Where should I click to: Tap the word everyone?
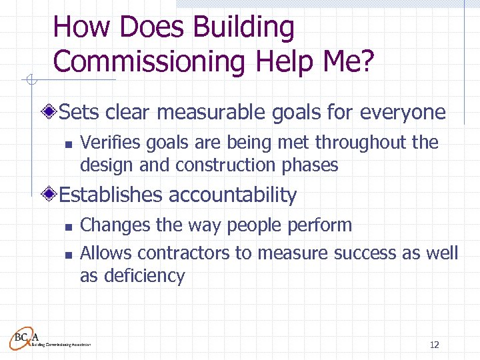[x=403, y=112]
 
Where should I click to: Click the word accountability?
[x=233, y=195]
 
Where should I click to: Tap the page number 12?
[x=434, y=345]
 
